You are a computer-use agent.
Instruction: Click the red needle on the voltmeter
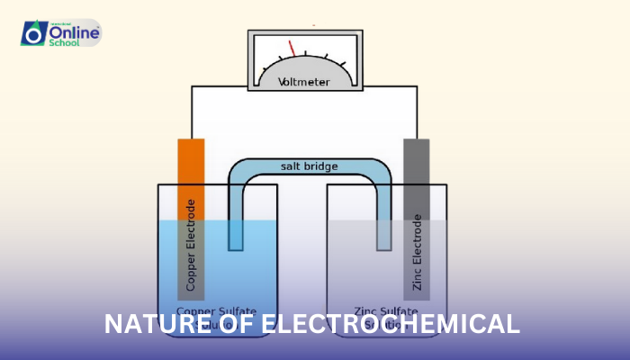[x=292, y=49]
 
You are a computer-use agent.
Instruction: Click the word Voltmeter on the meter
[x=303, y=82]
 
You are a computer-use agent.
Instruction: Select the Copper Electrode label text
[x=191, y=244]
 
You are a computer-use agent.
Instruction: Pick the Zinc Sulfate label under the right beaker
[x=389, y=310]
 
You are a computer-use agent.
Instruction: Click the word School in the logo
[x=66, y=41]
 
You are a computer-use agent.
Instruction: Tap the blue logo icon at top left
[x=34, y=32]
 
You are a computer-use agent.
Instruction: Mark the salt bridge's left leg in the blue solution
[x=236, y=234]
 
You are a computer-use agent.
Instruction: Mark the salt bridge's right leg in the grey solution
[x=384, y=235]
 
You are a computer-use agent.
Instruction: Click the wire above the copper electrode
[x=191, y=112]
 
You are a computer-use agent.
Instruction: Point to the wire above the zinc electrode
[x=417, y=112]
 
